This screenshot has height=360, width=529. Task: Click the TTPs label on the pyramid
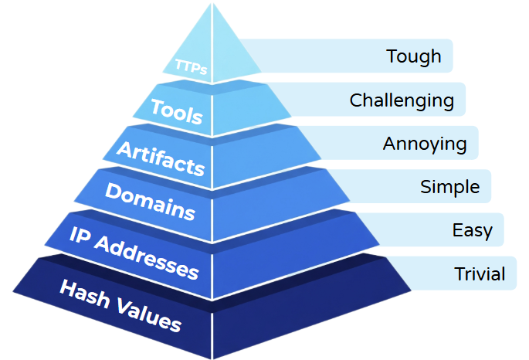(191, 66)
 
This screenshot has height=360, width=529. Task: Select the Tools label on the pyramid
(176, 111)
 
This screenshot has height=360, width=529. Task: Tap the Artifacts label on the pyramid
(161, 158)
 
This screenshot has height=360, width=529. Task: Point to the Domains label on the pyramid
(150, 202)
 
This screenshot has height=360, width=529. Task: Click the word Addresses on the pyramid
(146, 257)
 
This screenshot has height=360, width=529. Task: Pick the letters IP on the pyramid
(80, 235)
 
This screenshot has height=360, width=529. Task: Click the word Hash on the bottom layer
(85, 294)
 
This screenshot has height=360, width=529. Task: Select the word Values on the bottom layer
(149, 316)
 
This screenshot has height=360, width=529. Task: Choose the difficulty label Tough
(414, 56)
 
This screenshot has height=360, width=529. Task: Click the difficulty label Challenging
(402, 100)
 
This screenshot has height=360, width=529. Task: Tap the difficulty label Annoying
(425, 144)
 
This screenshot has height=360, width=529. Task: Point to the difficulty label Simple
(449, 187)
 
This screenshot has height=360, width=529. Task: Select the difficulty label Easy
(473, 231)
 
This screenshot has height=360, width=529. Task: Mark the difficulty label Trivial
(480, 273)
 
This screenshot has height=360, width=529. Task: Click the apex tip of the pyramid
(212, 3)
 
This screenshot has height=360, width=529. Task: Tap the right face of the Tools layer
(248, 108)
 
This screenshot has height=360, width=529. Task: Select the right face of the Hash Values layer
(303, 304)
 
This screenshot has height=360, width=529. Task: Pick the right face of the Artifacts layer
(263, 155)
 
